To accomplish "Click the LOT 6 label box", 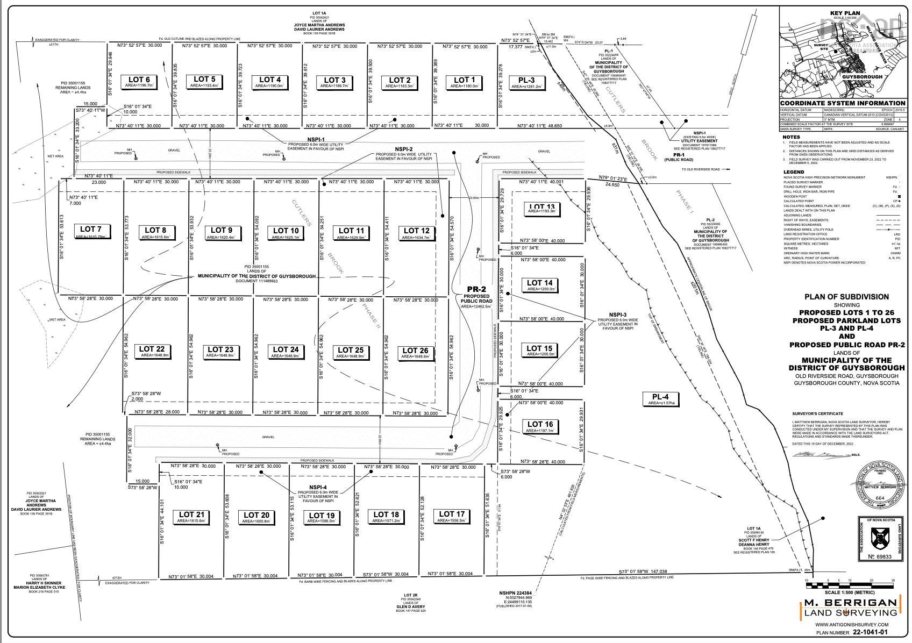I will tap(139, 82).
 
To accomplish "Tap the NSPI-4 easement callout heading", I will tap(318, 487).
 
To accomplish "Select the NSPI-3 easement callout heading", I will tap(617, 315).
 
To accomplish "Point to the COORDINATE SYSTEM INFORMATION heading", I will tap(843, 103).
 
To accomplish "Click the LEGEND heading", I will tap(793, 172).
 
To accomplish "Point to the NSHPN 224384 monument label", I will tap(514, 594).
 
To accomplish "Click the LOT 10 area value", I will tap(284, 237).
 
